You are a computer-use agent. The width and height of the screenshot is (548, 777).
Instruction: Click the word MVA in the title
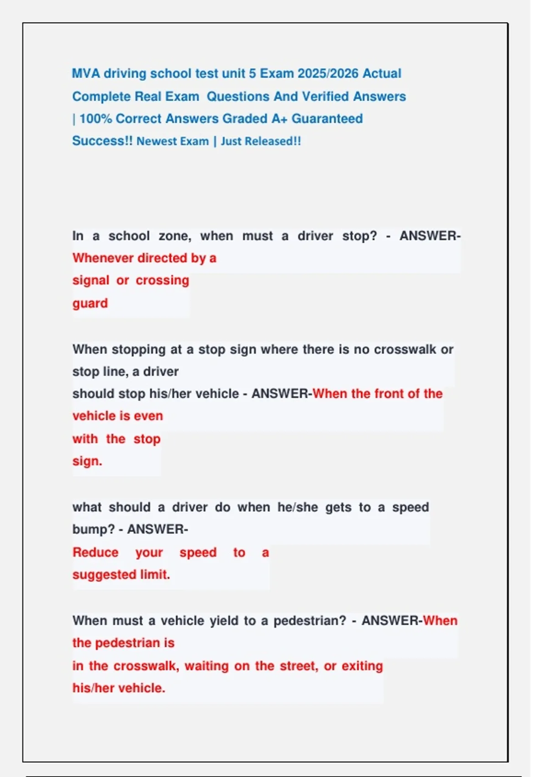click(86, 74)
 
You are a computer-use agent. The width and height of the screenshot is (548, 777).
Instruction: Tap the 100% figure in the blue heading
click(95, 119)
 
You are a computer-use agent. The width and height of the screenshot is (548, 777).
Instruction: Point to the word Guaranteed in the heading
click(327, 119)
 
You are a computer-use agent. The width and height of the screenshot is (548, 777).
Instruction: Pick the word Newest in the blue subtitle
click(153, 141)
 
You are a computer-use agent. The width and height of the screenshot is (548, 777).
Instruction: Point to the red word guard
click(90, 303)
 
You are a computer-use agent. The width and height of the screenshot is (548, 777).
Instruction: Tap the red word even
click(149, 416)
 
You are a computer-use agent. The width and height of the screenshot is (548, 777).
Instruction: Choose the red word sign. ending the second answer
click(87, 461)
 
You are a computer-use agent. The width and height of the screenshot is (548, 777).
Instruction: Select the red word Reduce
click(95, 552)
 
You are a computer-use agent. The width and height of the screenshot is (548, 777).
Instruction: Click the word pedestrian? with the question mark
click(310, 621)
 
